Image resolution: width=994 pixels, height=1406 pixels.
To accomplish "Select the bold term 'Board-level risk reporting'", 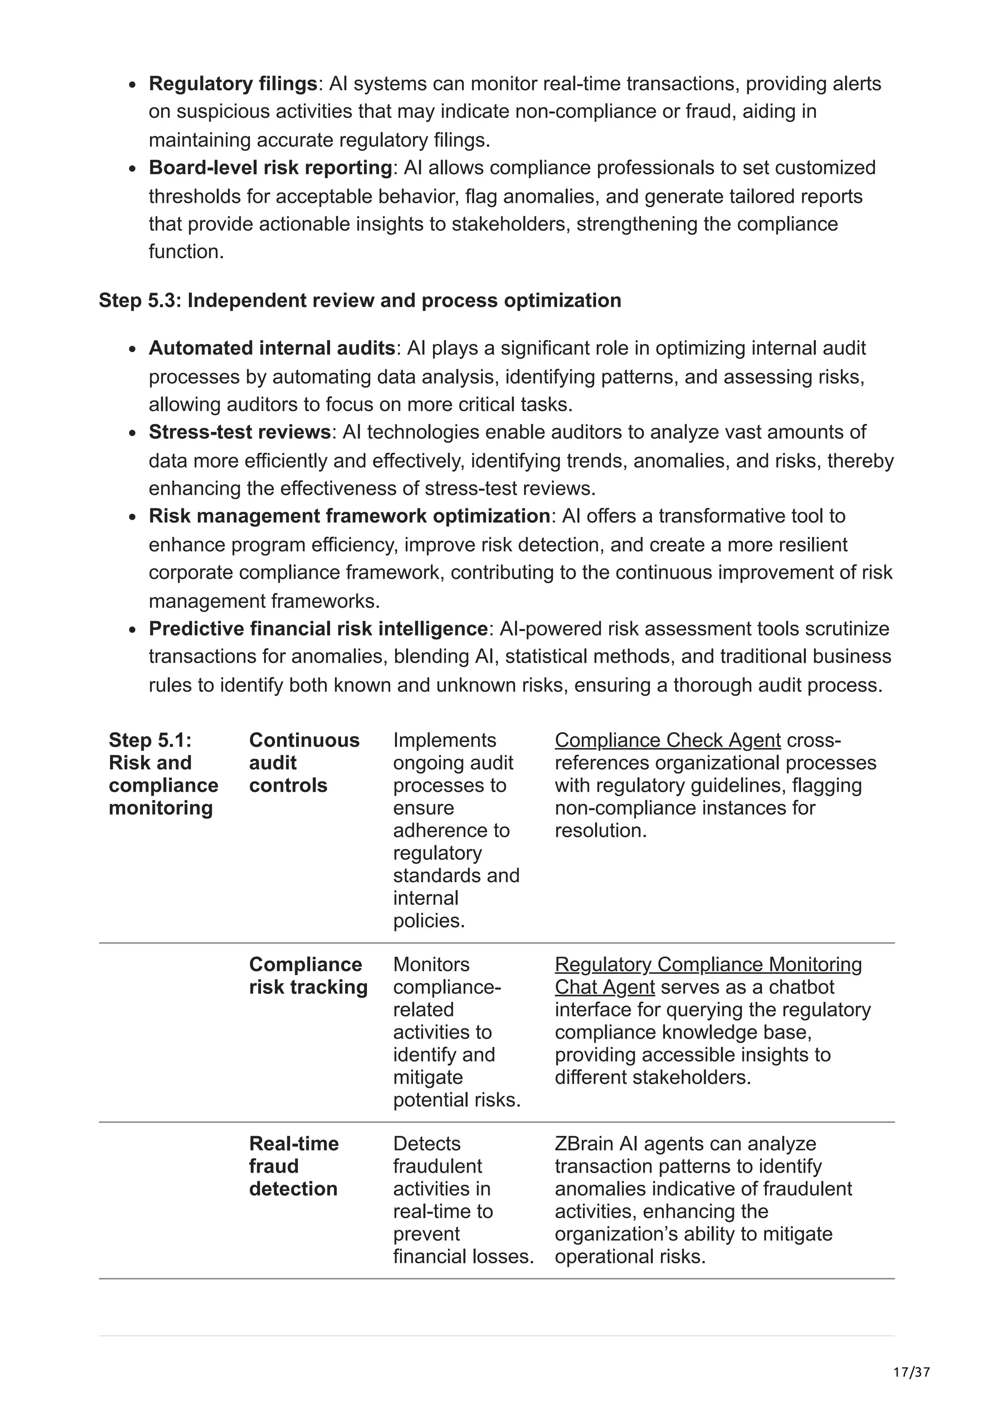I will pyautogui.click(x=269, y=167).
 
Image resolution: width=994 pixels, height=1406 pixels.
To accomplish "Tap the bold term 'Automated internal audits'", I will pyautogui.click(x=271, y=348).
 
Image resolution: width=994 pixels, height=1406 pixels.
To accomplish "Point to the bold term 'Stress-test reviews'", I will pyautogui.click(x=239, y=432).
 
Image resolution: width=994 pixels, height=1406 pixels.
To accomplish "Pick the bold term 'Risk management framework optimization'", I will pyautogui.click(x=349, y=516).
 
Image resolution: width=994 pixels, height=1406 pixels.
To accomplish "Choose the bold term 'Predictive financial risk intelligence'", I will pyautogui.click(x=318, y=628).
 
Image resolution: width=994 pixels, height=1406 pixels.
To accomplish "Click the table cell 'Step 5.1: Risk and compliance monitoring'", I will pyautogui.click(x=163, y=773).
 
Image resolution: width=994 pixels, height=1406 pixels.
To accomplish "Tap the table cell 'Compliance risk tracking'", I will pyautogui.click(x=308, y=976).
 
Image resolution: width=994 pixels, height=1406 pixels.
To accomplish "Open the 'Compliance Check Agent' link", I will pyautogui.click(x=667, y=740).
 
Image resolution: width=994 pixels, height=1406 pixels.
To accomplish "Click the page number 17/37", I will pyautogui.click(x=911, y=1373).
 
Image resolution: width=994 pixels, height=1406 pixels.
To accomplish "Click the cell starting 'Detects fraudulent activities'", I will pyautogui.click(x=463, y=1200).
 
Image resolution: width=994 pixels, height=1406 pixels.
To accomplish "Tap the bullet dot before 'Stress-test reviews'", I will pyautogui.click(x=133, y=433).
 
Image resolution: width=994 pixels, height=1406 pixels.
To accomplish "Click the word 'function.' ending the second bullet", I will pyautogui.click(x=186, y=252).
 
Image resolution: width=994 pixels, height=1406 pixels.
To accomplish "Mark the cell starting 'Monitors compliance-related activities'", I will pyautogui.click(x=456, y=1032).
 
